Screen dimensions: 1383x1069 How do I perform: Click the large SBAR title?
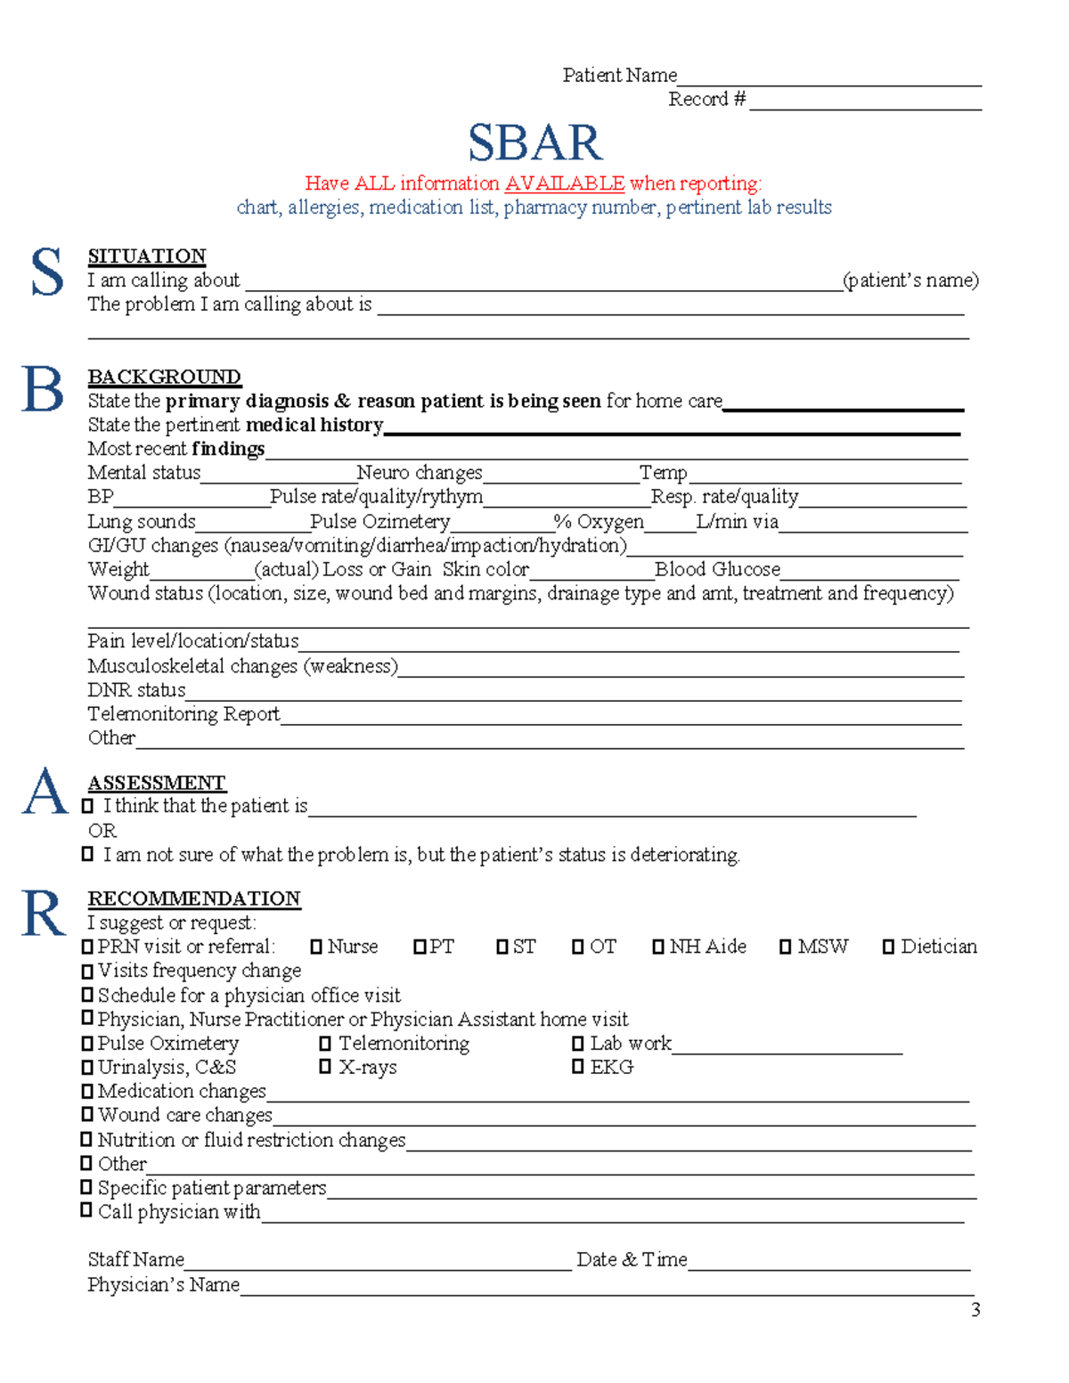coord(534,142)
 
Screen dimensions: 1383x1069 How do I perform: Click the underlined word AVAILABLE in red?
coord(564,183)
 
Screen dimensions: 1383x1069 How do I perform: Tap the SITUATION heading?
coord(146,256)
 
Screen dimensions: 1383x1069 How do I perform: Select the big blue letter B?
coord(43,390)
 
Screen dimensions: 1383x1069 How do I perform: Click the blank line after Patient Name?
coord(828,78)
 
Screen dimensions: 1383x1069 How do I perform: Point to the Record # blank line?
coord(864,102)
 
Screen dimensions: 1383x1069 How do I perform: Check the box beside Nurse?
coord(316,947)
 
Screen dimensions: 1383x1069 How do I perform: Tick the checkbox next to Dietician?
coord(888,947)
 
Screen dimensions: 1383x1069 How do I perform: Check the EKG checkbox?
coord(578,1067)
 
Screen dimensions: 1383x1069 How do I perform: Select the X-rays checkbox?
coord(325,1067)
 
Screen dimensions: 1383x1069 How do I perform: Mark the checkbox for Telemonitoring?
coord(325,1043)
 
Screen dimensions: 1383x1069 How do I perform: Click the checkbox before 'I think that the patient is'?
coord(87,806)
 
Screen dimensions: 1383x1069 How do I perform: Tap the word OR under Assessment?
coord(102,831)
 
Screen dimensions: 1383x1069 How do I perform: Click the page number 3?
coord(975,1309)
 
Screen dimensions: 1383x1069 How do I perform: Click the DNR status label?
coord(136,690)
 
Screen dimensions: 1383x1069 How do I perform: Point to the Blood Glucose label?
coord(717,569)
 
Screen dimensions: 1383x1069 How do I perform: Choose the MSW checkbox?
coord(785,947)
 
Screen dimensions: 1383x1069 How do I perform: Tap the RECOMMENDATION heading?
coord(193,899)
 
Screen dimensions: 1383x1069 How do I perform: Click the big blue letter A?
coord(45,792)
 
